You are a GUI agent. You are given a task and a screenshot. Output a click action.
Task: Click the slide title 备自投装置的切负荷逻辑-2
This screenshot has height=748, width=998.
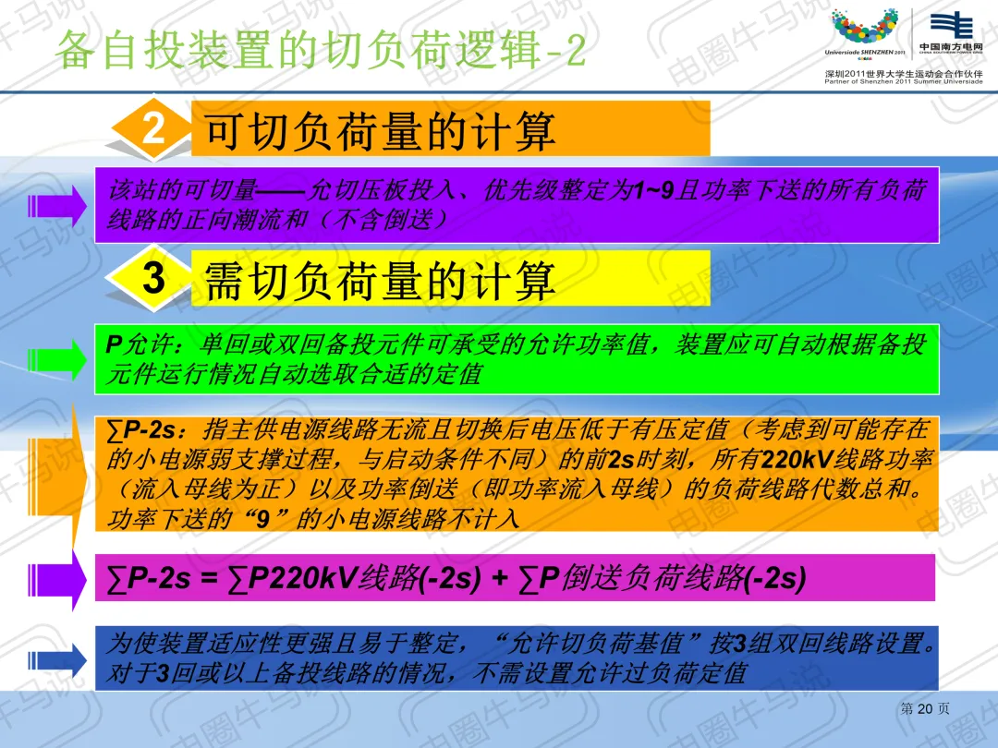pos(320,50)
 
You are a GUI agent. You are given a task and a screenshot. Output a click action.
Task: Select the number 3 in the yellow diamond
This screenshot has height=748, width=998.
pos(153,278)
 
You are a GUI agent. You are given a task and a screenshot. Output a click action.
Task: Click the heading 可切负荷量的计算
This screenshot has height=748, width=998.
pos(380,132)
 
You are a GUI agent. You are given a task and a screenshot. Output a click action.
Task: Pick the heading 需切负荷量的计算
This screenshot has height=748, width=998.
pos(380,281)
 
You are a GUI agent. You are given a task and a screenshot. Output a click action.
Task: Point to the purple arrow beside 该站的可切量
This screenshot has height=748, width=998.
pos(57,205)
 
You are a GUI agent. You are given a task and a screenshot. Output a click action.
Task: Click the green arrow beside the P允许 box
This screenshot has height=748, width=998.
pos(57,359)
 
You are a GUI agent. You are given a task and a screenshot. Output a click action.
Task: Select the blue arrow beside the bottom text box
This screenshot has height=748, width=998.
pos(57,660)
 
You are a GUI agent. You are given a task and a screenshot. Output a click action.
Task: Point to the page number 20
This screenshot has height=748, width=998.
pos(925,708)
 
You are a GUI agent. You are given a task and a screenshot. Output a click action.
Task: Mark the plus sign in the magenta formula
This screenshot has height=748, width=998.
pos(500,578)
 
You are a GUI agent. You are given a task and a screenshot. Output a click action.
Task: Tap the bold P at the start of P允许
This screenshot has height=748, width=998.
pos(114,344)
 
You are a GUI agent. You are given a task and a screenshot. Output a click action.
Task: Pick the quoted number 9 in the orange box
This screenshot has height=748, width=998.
pos(262,520)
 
